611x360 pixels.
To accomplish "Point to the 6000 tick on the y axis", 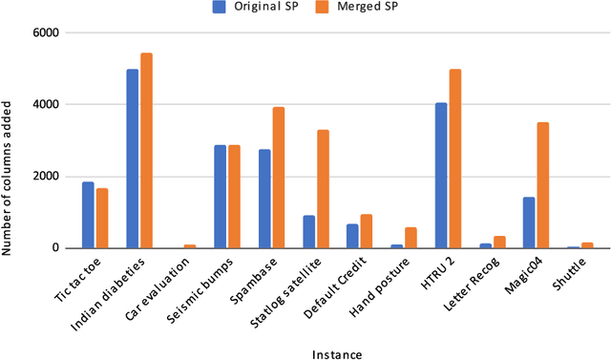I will tap(46, 32).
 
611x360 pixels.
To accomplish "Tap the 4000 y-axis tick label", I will tap(46, 104).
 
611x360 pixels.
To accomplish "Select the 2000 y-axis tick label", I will tap(46, 177).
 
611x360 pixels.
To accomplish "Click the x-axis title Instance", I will tap(336, 354).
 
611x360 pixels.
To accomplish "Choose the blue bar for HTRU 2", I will tap(441, 176).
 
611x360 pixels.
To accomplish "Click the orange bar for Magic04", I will tap(543, 185).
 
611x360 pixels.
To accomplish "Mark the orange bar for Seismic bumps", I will tap(234, 197).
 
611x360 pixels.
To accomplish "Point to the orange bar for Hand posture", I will tap(411, 238).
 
